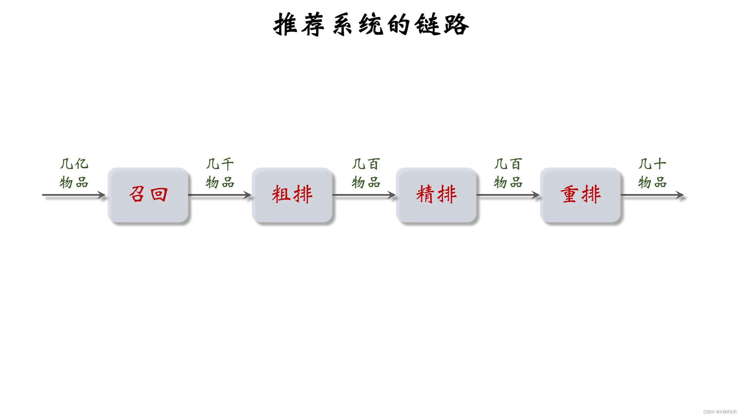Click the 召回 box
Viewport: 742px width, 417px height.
click(148, 195)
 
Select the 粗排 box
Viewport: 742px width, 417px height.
click(292, 195)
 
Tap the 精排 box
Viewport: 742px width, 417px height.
click(436, 195)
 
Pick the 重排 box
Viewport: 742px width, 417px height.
click(580, 195)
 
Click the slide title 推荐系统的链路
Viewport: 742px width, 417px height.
click(371, 24)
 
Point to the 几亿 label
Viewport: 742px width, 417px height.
click(74, 164)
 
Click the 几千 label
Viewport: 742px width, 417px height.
click(220, 164)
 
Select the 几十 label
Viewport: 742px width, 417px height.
click(652, 164)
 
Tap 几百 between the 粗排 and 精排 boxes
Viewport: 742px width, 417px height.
click(366, 164)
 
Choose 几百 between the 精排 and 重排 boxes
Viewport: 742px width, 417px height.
click(508, 164)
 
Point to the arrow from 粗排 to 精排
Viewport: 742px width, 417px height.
click(364, 195)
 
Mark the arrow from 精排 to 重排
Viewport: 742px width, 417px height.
click(508, 195)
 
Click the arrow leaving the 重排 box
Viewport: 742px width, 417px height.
click(652, 195)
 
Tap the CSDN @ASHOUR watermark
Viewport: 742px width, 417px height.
click(720, 412)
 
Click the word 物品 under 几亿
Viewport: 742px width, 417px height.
click(74, 182)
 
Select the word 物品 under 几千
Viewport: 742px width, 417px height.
click(220, 182)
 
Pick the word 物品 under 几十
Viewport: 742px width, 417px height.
click(652, 182)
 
